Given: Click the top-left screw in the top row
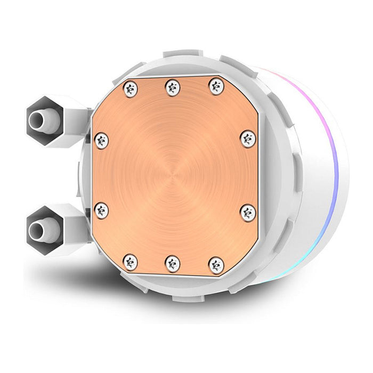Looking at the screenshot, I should [130, 88].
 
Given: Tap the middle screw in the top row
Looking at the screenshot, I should [173, 87].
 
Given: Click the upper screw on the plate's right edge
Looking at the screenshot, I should [248, 139].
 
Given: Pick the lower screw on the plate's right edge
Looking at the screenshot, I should [248, 212].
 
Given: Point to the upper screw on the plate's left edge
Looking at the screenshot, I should [101, 141].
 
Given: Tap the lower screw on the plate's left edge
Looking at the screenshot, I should [101, 210].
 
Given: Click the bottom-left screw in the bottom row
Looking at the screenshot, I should [130, 262].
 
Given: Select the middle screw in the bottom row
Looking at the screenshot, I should [173, 264].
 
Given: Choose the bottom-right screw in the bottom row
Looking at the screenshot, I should [216, 265].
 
